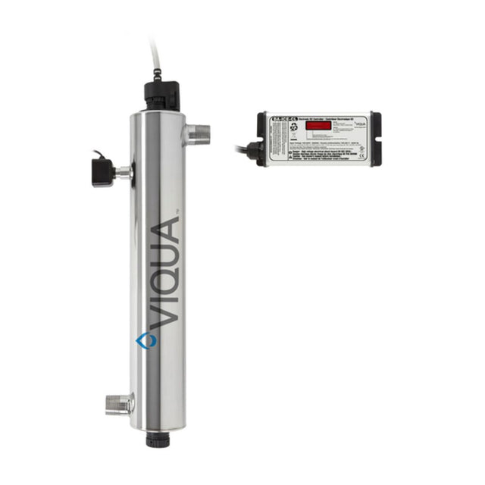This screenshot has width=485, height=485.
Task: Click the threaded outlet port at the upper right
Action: click(198, 135)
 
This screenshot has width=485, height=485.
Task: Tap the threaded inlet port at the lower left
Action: click(119, 403)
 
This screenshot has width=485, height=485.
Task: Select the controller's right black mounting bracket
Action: click(375, 139)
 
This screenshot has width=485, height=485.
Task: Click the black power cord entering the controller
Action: click(242, 147)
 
